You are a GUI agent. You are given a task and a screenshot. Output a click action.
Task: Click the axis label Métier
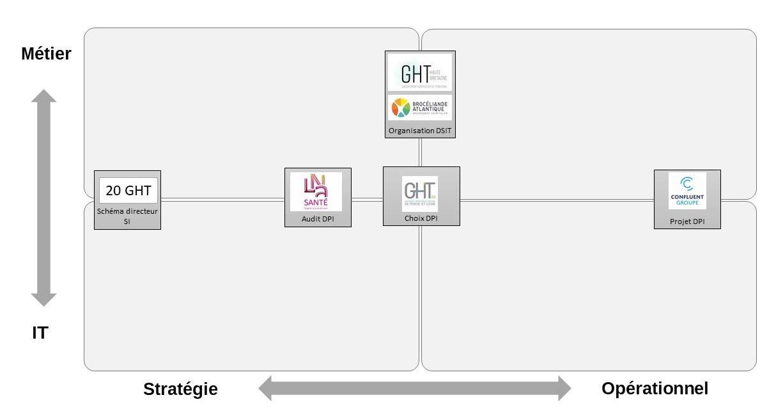(46, 53)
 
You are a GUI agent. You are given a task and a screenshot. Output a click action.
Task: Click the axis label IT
(40, 333)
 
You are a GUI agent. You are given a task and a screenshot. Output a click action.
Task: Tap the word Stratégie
(180, 389)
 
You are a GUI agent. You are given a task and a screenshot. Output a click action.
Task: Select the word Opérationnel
(655, 388)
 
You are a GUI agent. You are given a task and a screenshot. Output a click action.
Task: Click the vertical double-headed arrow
(44, 198)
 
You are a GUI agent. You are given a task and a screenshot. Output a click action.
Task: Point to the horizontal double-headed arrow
(414, 388)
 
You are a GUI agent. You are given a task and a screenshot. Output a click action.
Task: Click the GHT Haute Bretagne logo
(420, 73)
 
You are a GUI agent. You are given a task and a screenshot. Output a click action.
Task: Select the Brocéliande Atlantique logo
(420, 108)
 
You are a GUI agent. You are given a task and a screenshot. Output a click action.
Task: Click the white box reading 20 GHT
(128, 190)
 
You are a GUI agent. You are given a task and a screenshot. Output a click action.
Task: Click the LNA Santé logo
(316, 191)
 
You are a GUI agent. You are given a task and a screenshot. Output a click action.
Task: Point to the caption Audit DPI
(318, 219)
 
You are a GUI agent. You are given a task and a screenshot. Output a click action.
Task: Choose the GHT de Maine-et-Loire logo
(420, 193)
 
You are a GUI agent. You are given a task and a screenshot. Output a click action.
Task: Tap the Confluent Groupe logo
(687, 191)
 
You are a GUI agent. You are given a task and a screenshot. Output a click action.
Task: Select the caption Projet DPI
(687, 221)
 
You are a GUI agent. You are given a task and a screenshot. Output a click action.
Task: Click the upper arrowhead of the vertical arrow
(44, 97)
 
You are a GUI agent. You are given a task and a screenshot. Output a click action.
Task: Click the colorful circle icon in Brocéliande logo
(401, 108)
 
